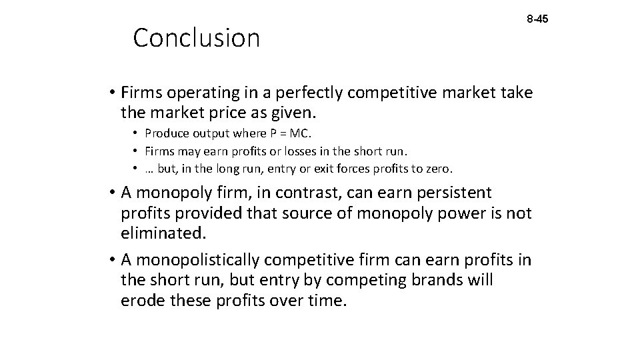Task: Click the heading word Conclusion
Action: pos(196,39)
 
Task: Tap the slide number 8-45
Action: pos(537,20)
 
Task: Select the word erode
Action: pos(142,301)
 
